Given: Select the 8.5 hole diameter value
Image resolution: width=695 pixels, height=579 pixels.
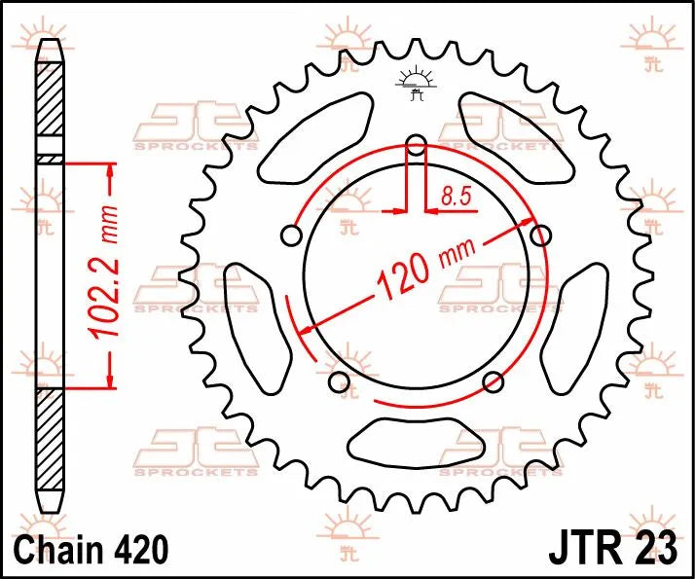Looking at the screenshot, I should pyautogui.click(x=456, y=196).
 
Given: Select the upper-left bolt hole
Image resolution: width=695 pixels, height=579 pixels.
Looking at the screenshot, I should pyautogui.click(x=289, y=235).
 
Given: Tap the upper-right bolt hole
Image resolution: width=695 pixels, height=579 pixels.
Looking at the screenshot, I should pyautogui.click(x=540, y=234).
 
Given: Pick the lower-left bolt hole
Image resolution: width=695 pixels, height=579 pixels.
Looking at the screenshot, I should pyautogui.click(x=338, y=380).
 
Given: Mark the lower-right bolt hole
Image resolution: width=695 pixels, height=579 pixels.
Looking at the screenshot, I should pyautogui.click(x=493, y=380).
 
